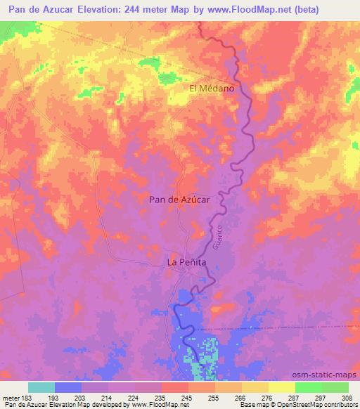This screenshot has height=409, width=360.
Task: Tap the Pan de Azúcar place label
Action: point(180,199)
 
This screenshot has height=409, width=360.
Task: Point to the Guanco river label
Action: point(218,240)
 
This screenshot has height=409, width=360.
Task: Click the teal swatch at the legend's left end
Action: point(41,387)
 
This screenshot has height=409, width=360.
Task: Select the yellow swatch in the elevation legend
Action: point(281,387)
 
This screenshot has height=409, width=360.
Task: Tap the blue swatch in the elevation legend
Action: point(68,387)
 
